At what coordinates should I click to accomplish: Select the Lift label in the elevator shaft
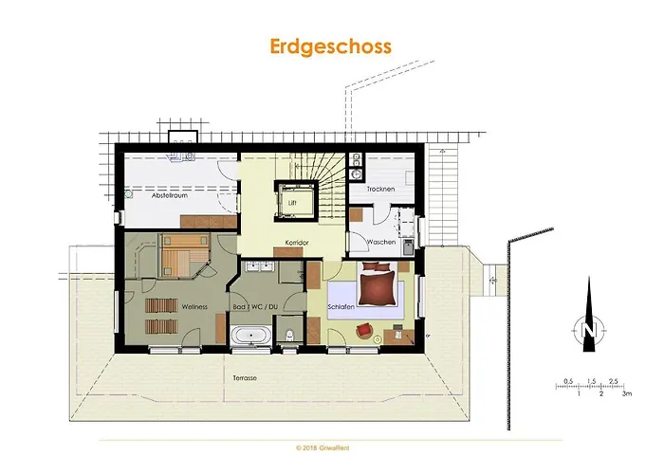(x=290, y=202)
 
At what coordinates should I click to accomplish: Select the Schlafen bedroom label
(x=341, y=307)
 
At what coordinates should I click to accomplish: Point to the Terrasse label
(x=246, y=377)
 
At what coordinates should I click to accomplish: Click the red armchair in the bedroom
(x=363, y=330)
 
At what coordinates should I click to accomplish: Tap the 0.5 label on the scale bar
(x=567, y=381)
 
